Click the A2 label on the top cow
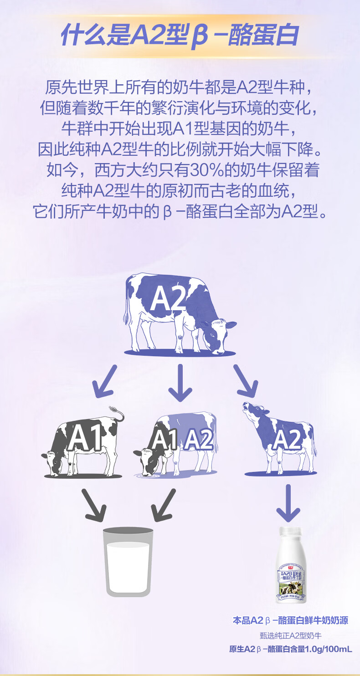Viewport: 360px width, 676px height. coord(168,299)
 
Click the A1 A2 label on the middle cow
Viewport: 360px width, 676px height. coord(182,440)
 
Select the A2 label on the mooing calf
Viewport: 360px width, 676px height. coord(287,440)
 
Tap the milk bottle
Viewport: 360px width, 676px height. coord(291,567)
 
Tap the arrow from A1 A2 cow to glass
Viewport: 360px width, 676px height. coord(163,505)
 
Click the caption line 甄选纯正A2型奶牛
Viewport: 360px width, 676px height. coord(290,635)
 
